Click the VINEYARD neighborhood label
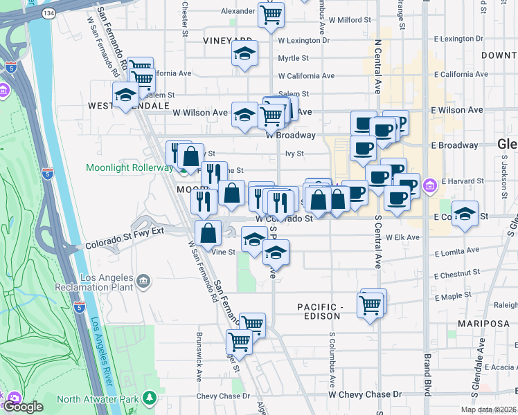click(x=227, y=41)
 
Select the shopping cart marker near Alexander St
click(x=271, y=15)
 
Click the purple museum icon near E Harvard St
click(x=429, y=185)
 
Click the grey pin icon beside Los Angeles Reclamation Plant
click(x=143, y=281)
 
